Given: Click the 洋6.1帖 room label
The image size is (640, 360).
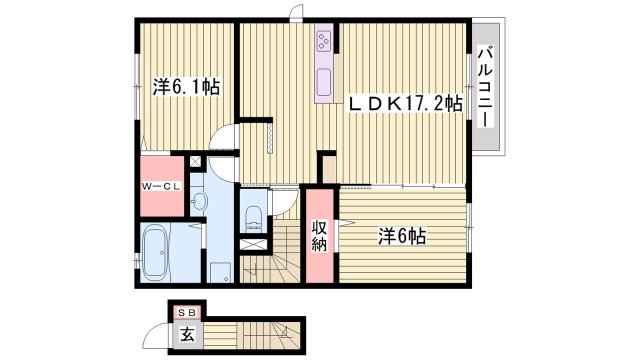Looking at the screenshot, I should coord(186,88).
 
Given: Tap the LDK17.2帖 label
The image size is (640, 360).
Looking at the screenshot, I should coord(404,102).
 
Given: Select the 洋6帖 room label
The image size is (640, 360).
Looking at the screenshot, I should coord(402,237).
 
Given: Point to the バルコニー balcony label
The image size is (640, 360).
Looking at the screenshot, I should coord(484,86).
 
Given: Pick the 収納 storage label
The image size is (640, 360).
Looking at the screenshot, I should coord(320,238).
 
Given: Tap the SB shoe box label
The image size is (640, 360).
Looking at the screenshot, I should coord(185,312).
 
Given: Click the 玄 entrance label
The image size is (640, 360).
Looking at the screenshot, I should coord(187,335).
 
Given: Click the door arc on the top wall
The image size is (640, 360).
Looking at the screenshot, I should coord(296,12).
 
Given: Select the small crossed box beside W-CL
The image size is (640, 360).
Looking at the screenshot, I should coord(195,160).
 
